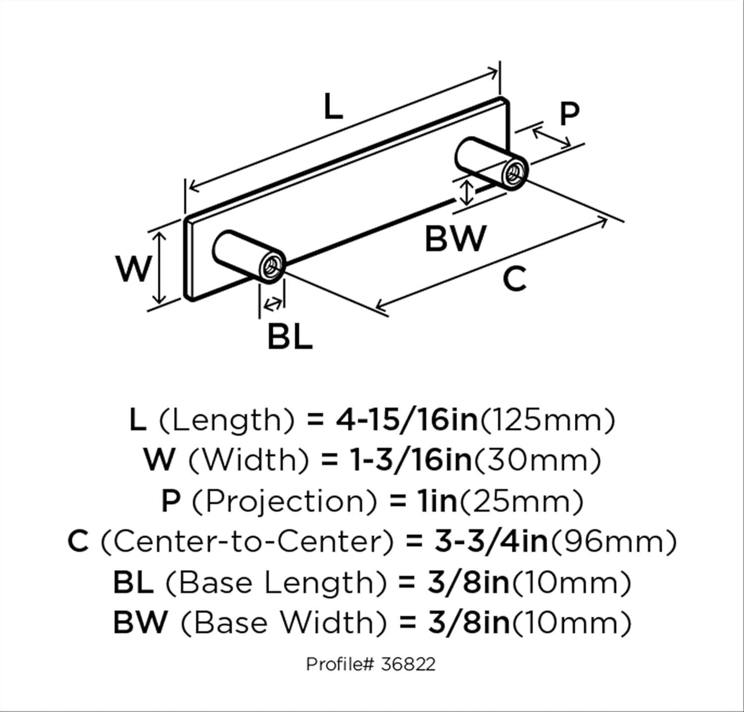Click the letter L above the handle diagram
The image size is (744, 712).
pos(333,107)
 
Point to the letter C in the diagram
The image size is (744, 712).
pos(514,279)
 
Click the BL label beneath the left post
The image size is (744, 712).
pos(290,337)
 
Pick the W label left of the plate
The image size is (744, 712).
pos(133,268)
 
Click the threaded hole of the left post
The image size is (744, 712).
pos(271,268)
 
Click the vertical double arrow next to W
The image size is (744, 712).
pos(159,268)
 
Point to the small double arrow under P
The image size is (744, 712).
pos(552,138)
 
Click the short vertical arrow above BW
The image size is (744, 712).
pos(465,192)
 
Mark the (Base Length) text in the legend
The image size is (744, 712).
pos(275,582)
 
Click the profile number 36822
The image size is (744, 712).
pos(408,664)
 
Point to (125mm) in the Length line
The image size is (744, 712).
pos(548,420)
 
